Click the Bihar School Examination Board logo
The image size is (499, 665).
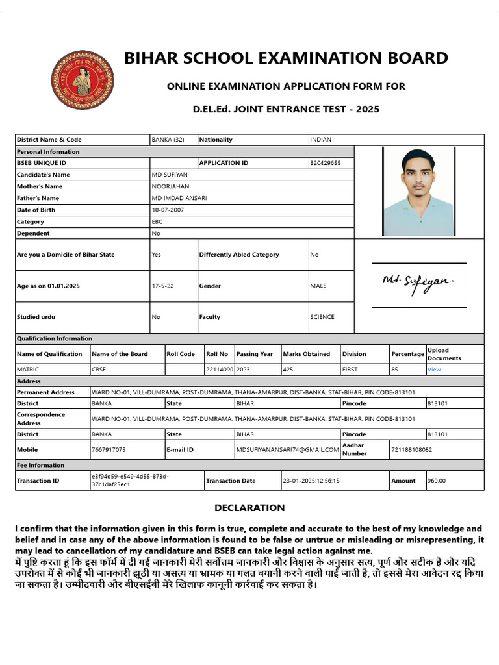(82, 81)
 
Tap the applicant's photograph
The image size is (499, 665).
(418, 192)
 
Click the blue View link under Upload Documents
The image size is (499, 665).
(434, 370)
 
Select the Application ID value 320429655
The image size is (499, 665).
(326, 163)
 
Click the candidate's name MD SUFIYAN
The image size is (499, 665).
(170, 175)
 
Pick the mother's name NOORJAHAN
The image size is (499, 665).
(170, 186)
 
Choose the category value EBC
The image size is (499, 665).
(157, 221)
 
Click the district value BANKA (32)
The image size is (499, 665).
(168, 140)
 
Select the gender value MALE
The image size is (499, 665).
(318, 286)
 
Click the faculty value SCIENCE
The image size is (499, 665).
(322, 317)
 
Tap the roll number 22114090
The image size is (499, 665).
(220, 370)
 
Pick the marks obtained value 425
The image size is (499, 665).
(288, 370)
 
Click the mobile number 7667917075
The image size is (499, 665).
(109, 449)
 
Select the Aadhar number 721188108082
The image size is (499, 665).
(412, 449)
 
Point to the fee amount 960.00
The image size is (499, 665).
(437, 481)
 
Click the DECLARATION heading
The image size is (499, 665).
(249, 508)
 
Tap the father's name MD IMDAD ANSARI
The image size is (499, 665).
(179, 198)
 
